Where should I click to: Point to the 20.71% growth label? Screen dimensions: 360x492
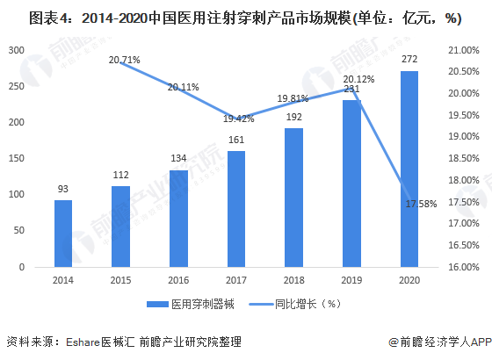click(125, 59)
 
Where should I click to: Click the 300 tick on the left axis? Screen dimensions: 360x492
click(16, 50)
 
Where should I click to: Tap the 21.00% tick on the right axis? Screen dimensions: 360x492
click(463, 50)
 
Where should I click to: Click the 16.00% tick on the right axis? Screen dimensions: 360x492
click(463, 267)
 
